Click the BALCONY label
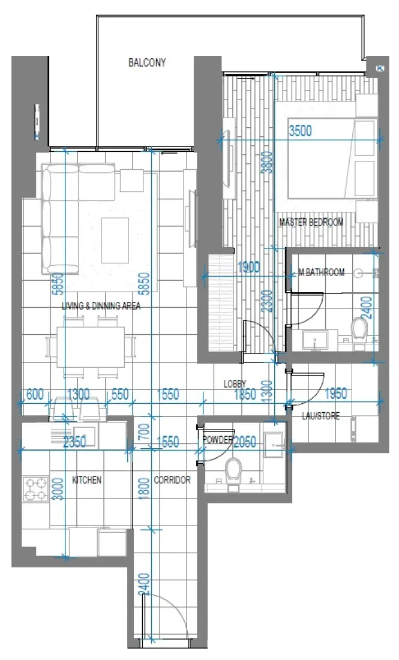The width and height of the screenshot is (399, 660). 147,62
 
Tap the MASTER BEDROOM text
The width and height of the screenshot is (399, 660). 311,223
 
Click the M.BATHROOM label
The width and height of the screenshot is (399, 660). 322,272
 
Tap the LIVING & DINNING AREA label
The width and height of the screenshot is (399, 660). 101,306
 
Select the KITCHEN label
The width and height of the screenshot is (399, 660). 86,480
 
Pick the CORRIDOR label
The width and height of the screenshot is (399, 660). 172,480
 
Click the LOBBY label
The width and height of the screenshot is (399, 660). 236,383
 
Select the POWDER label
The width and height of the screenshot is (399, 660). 217,440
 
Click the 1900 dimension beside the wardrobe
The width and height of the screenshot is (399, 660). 248,268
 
